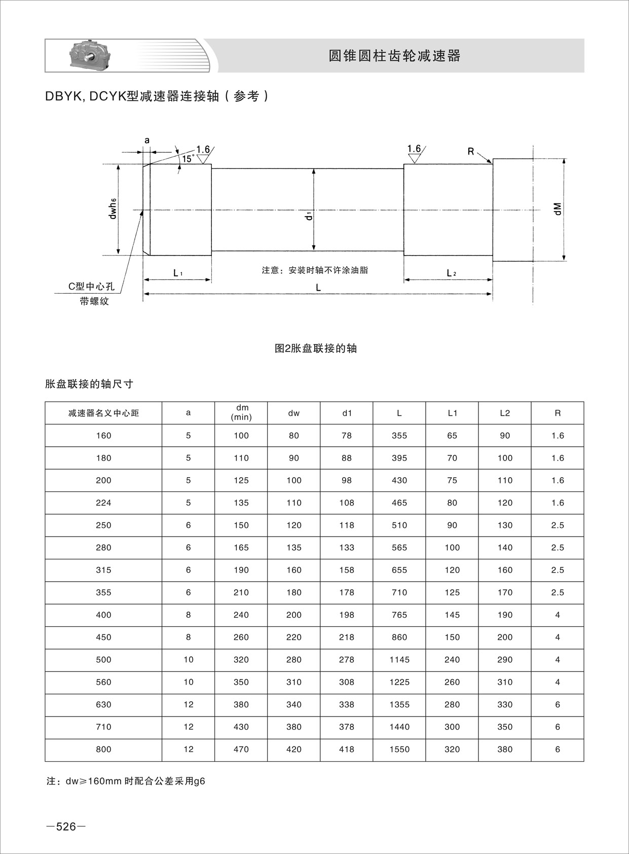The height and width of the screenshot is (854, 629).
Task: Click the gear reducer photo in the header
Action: tap(91, 55)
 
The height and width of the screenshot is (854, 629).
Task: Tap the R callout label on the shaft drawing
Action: tap(471, 151)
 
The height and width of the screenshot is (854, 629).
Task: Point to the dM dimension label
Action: tap(558, 208)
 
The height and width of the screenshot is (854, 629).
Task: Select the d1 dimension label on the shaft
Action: tap(308, 217)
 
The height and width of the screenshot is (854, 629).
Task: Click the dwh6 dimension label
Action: tap(113, 208)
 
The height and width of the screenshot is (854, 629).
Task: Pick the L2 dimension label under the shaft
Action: tap(451, 273)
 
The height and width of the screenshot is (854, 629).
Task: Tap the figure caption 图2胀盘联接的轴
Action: tap(315, 348)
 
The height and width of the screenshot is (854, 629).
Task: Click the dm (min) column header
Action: tap(241, 413)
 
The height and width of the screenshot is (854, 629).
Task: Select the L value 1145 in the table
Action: tap(399, 660)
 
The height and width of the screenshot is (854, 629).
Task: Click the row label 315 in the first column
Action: tap(103, 570)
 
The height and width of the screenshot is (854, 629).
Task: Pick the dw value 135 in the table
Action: tap(294, 548)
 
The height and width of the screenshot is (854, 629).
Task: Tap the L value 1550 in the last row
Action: tap(399, 749)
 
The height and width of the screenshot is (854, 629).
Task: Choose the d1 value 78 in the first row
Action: tap(347, 436)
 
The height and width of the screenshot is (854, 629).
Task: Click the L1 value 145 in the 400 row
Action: tap(452, 615)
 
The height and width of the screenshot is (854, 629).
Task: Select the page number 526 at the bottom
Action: tap(65, 827)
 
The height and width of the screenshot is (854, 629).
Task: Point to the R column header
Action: tap(558, 413)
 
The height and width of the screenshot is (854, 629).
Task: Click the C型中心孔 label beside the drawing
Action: tap(91, 287)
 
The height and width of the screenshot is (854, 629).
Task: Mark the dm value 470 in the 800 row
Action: tap(241, 749)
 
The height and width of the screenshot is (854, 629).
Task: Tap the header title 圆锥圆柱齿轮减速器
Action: tap(394, 56)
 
